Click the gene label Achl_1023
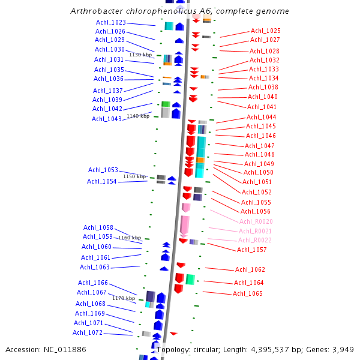click(111, 22)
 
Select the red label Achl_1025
click(265, 31)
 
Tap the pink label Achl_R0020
click(256, 221)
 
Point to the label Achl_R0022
click(255, 240)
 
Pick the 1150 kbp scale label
click(134, 177)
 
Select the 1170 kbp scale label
click(124, 298)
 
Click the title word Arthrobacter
click(98, 11)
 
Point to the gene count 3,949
click(343, 349)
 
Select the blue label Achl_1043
click(107, 119)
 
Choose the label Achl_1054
click(102, 181)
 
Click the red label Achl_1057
click(252, 250)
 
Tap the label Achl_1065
click(248, 293)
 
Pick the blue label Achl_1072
click(88, 332)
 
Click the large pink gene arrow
click(185, 225)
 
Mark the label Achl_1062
click(250, 269)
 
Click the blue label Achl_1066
click(93, 283)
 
